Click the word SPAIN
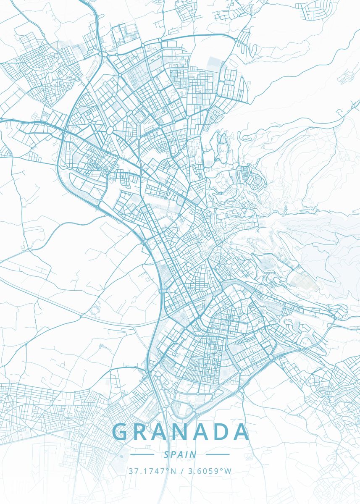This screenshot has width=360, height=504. (180, 454)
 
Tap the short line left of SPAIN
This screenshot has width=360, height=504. (142, 454)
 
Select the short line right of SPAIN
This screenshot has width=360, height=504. (218, 454)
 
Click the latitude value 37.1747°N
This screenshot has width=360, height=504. (152, 471)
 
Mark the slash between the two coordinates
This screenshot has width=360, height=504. (181, 471)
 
